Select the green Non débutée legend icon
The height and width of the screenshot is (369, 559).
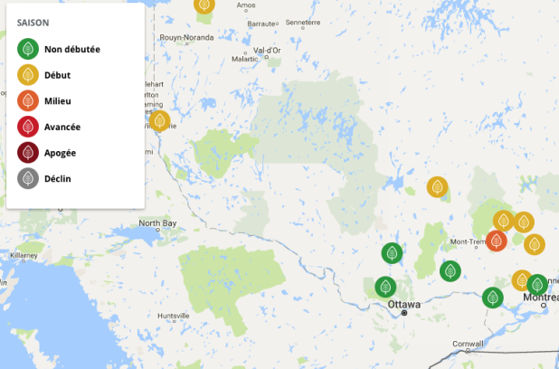click(28, 49)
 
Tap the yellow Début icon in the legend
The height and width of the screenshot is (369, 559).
click(28, 75)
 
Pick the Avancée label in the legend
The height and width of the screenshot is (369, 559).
click(62, 127)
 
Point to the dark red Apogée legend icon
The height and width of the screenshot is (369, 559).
click(28, 153)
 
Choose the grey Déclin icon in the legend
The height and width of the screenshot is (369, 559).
click(28, 178)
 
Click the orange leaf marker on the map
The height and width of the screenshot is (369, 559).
click(497, 241)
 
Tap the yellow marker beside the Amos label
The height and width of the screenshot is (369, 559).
click(205, 5)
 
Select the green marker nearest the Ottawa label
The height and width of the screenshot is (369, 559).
click(386, 288)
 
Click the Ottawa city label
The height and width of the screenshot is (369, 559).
click(403, 304)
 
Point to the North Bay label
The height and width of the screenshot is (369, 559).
click(157, 223)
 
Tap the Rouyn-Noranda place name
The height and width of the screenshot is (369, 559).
click(213, 38)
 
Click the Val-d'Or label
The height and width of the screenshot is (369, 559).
click(269, 51)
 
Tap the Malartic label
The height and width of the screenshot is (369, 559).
click(244, 60)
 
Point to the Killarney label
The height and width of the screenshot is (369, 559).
click(24, 256)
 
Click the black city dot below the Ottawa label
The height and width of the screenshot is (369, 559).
click(405, 313)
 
